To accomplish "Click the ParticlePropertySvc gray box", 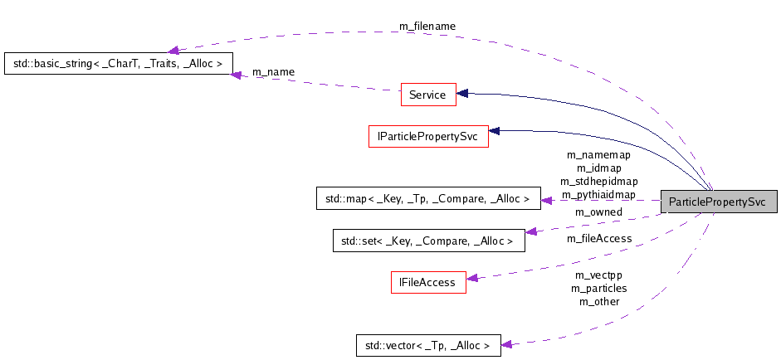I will tap(718, 202).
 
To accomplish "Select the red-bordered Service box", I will tap(427, 95).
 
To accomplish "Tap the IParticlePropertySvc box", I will tap(427, 136).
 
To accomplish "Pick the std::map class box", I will tap(422, 199).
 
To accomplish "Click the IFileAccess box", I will tap(427, 282).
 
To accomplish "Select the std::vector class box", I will tap(427, 345).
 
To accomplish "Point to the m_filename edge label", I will tap(427, 27).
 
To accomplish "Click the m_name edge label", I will tap(273, 72).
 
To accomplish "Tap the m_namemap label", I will tap(598, 155).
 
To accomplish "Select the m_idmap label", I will tap(598, 168).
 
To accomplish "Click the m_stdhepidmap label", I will tap(598, 182).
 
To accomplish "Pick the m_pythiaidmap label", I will tap(598, 195).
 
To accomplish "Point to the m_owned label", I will tap(598, 212).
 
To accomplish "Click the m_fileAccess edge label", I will tap(598, 239).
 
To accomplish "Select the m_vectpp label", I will tap(598, 275).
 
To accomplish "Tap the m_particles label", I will tap(598, 289).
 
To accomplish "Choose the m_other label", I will tap(598, 302).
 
